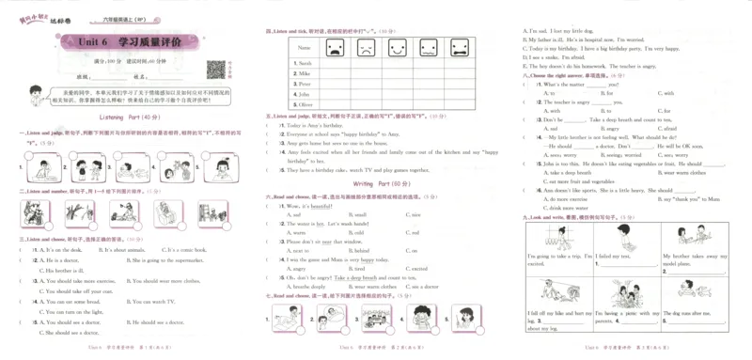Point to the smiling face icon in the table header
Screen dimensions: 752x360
click(333, 46)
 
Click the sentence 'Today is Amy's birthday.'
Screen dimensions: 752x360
click(321, 125)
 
